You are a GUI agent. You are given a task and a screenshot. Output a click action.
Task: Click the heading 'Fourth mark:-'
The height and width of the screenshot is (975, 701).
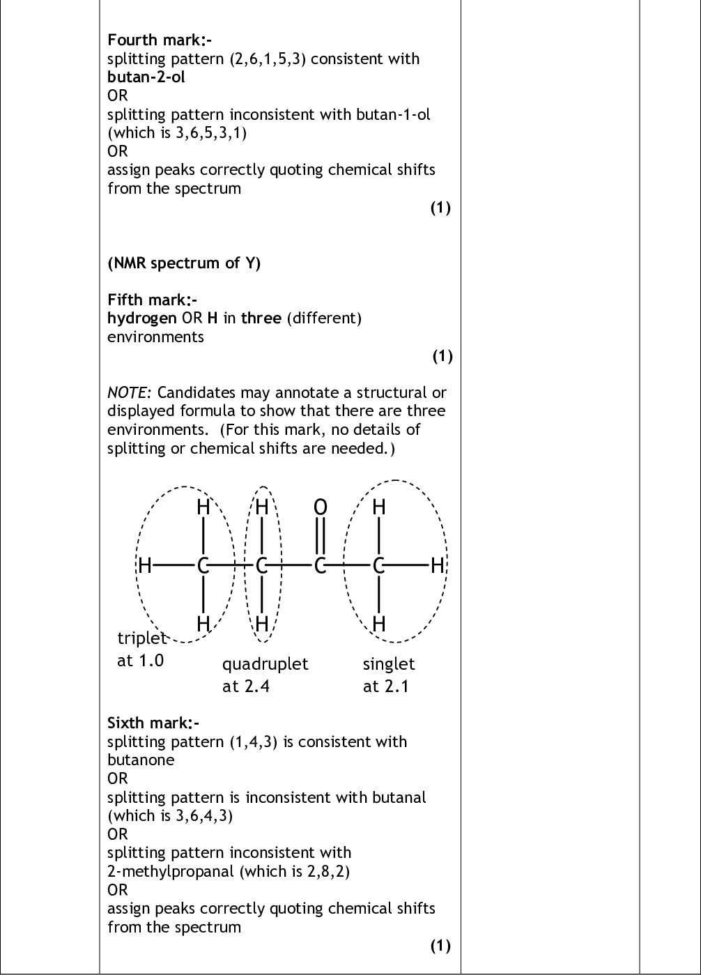160,40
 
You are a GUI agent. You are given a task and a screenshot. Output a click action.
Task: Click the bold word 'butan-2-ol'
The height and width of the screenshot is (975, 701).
146,77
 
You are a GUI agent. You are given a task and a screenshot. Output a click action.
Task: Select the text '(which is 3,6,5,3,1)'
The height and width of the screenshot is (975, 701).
177,132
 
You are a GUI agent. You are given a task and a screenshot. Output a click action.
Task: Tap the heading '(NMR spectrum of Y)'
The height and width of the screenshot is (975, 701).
184,263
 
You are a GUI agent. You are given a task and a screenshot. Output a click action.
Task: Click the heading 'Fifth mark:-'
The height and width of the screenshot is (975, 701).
152,300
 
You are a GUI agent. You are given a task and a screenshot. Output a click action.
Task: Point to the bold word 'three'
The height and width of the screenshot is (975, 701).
261,318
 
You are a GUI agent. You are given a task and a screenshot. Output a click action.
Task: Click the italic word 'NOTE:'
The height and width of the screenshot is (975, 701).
129,392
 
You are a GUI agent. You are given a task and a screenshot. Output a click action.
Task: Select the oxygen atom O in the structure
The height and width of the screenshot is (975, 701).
321,507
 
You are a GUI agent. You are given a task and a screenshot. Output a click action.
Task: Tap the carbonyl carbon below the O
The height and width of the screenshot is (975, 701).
320,566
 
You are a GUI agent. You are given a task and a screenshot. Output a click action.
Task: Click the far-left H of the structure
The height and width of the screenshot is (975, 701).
145,566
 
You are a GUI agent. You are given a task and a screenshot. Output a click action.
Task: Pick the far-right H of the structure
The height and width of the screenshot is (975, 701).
438,566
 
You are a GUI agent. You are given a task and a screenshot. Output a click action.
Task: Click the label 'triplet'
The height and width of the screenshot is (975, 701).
142,638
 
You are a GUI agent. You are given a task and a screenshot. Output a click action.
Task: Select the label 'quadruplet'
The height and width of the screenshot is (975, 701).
265,664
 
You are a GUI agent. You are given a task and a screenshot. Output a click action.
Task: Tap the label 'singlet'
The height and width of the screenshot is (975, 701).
389,664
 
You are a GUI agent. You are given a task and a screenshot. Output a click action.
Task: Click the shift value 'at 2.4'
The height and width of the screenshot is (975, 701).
246,686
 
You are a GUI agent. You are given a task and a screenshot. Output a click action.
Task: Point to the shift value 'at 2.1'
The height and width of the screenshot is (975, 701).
386,686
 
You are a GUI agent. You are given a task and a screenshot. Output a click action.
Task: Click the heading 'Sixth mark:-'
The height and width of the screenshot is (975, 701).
153,723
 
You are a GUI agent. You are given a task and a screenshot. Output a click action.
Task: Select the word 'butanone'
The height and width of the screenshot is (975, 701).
141,760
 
